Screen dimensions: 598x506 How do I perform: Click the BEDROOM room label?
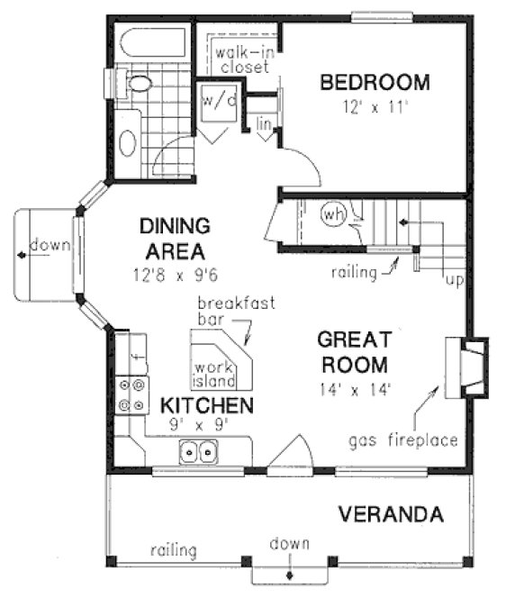pyautogui.click(x=375, y=84)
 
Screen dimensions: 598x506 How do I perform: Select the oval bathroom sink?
pyautogui.click(x=128, y=141)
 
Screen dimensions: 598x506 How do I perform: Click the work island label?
pyautogui.click(x=213, y=374)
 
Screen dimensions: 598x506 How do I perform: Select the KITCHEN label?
pyautogui.click(x=206, y=404)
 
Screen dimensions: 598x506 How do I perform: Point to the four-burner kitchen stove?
pyautogui.click(x=131, y=394)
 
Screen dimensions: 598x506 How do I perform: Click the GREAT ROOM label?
pyautogui.click(x=354, y=352)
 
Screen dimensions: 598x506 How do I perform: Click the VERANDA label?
pyautogui.click(x=391, y=514)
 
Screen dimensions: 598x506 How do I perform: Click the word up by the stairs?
pyautogui.click(x=455, y=281)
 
